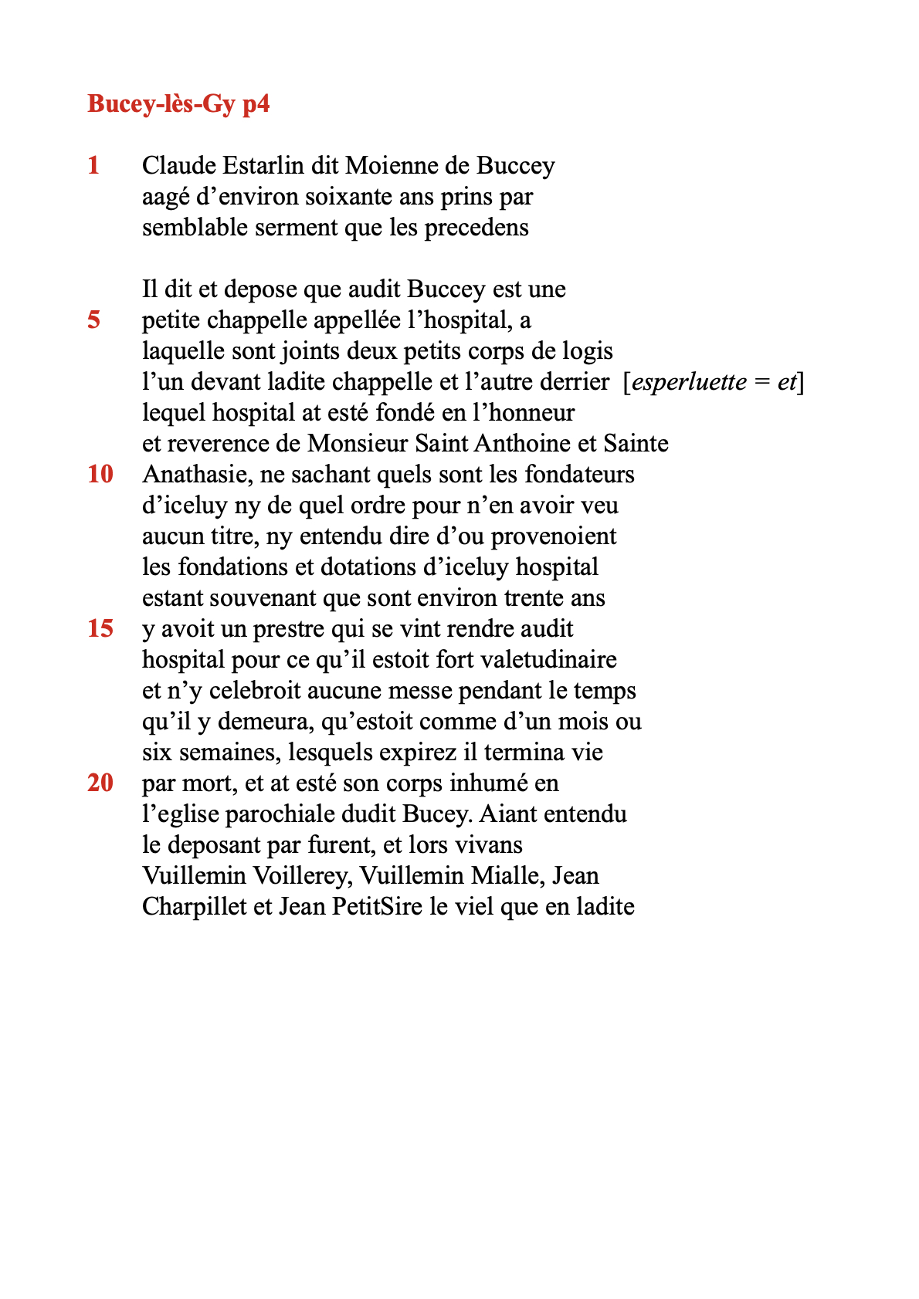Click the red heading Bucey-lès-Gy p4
tap(178, 103)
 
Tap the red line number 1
tap(93, 165)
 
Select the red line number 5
tap(93, 320)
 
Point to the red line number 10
tap(100, 474)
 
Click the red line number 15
tap(100, 628)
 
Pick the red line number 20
tap(100, 783)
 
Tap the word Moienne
tap(383, 165)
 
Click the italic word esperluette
tap(690, 382)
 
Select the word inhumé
tap(488, 783)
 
